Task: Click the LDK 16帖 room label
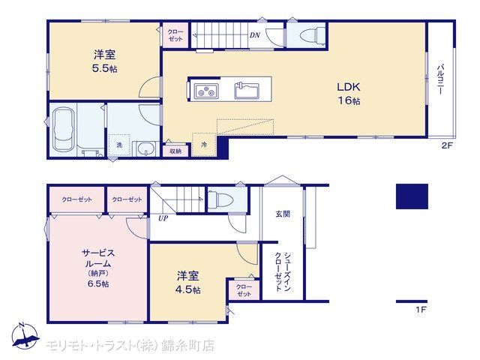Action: coord(349,94)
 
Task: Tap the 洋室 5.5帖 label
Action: coord(105,61)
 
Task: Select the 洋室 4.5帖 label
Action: coord(188,283)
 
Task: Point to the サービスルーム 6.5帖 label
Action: coord(98,268)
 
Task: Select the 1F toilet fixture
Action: coord(220,199)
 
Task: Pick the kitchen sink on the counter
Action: coord(247,91)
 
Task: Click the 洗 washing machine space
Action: coord(119,145)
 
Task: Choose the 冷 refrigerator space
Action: coord(204,145)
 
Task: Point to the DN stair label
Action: coord(255,35)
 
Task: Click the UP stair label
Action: coord(163,218)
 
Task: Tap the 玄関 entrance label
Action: coord(283,214)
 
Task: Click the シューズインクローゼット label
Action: coord(283,271)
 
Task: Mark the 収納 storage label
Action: coord(175,151)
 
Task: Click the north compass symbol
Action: coord(25,335)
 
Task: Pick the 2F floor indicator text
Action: coord(447,145)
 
